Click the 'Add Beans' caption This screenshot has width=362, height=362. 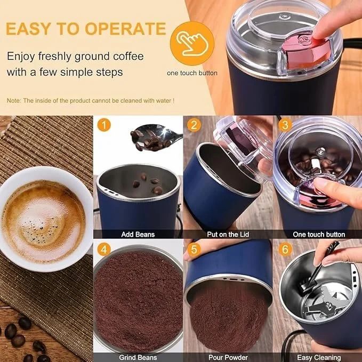point(138,235)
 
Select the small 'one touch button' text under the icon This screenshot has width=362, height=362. point(192,73)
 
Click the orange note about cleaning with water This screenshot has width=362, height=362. point(90,100)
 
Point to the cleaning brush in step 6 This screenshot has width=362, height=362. point(320,267)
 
